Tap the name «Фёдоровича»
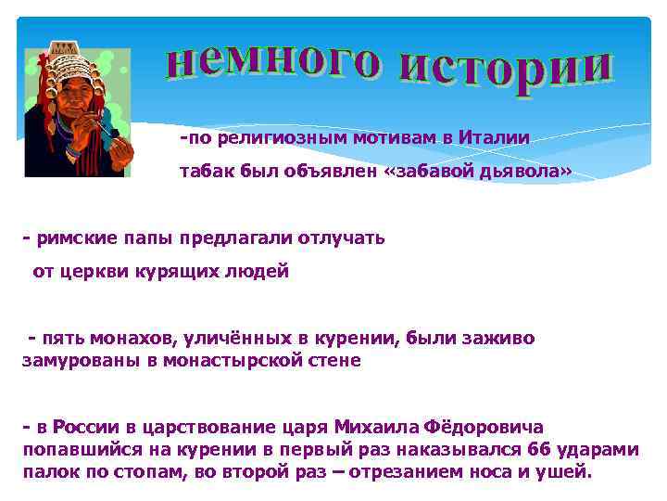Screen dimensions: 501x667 (x=485, y=427)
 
